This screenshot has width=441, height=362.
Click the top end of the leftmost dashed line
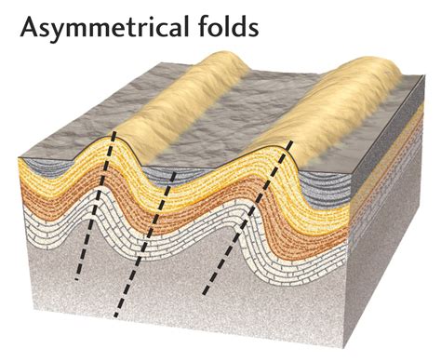click(114, 131)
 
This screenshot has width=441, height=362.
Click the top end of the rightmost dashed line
click(291, 141)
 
